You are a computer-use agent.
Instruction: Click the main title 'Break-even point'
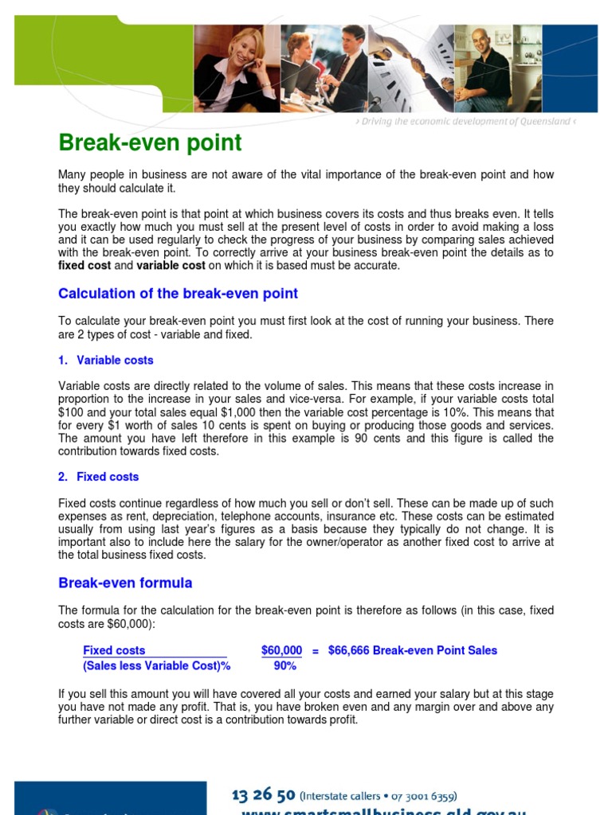(150, 143)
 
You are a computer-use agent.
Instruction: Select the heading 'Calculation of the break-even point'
(178, 294)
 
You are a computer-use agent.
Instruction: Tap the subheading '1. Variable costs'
(106, 361)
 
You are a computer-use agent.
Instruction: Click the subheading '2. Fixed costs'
(99, 477)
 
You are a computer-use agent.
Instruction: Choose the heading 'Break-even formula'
(125, 583)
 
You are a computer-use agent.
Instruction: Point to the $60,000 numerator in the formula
(281, 650)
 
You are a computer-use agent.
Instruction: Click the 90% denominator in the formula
(284, 666)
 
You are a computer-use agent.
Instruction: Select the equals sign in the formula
(316, 651)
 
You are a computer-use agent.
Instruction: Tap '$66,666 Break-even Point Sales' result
(412, 650)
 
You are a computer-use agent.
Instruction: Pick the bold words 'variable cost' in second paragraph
(171, 266)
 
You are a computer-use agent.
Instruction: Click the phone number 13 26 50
(263, 795)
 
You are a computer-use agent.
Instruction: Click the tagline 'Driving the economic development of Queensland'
(464, 122)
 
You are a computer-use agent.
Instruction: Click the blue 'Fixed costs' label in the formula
(114, 650)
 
